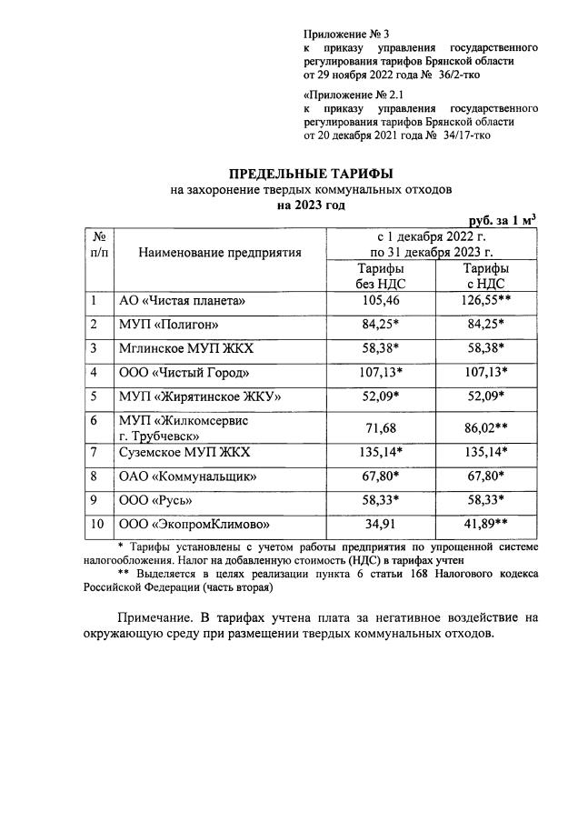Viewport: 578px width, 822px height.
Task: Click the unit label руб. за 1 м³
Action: click(x=502, y=220)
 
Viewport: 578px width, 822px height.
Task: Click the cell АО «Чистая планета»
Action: click(x=183, y=300)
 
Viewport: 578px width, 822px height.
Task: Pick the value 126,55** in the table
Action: click(x=485, y=300)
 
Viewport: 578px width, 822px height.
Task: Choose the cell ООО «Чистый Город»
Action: click(x=184, y=373)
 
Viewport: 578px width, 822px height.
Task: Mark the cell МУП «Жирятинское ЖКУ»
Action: click(x=200, y=396)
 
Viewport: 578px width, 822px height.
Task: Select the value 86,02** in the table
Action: click(x=485, y=426)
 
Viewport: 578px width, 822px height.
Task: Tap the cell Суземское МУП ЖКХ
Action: click(x=184, y=452)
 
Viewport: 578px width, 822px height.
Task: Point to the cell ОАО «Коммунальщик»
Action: click(x=188, y=476)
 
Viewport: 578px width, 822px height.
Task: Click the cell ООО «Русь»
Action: click(x=156, y=500)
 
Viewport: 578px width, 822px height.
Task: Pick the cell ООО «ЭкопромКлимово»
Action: click(x=196, y=525)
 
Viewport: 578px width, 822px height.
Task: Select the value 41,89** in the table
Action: click(x=485, y=525)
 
